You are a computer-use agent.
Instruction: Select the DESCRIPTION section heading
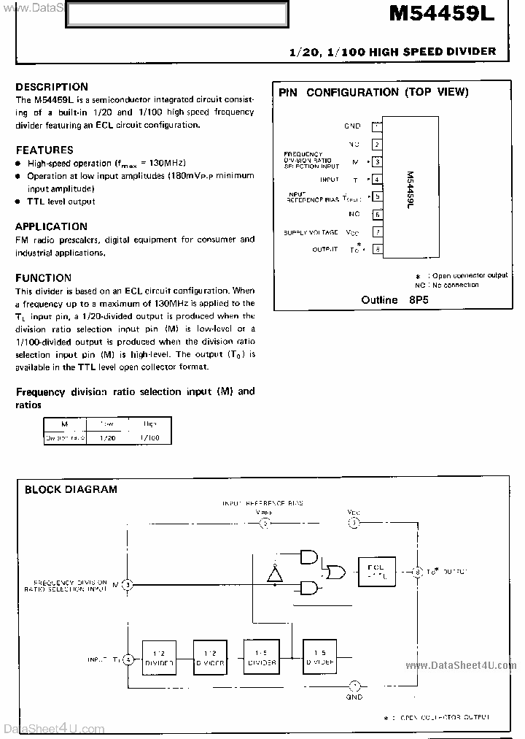pyautogui.click(x=52, y=86)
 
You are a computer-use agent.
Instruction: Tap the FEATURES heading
pyautogui.click(x=44, y=150)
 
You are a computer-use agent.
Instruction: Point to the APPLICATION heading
pyautogui.click(x=51, y=226)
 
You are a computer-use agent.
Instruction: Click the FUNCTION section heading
pyautogui.click(x=44, y=277)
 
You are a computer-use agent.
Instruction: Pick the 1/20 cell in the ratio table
pyautogui.click(x=106, y=438)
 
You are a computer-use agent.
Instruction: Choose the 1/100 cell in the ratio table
pyautogui.click(x=150, y=438)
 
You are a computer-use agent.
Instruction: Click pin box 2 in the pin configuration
pyautogui.click(x=376, y=145)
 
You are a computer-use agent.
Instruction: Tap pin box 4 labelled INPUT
pyautogui.click(x=376, y=180)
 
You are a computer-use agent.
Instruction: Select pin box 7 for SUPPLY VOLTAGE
pyautogui.click(x=376, y=232)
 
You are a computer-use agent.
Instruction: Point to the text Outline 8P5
pyautogui.click(x=390, y=299)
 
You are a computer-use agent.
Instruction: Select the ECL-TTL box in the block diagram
pyautogui.click(x=376, y=570)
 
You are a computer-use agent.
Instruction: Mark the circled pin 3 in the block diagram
pyautogui.click(x=127, y=584)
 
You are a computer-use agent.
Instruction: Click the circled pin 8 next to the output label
pyautogui.click(x=418, y=571)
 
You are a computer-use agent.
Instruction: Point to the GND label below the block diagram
pyautogui.click(x=354, y=697)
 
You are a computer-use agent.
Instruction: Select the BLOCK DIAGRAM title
pyautogui.click(x=71, y=490)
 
